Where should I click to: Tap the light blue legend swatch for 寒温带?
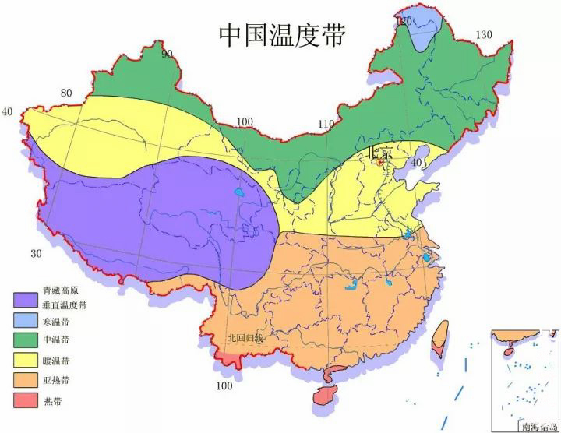click(25, 320)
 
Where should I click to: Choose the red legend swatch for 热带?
click(25, 402)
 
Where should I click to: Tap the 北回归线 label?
click(245, 338)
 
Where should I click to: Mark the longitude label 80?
click(66, 93)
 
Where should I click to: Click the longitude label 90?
click(167, 53)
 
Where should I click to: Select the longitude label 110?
click(326, 125)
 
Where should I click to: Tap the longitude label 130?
click(485, 34)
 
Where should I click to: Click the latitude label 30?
click(35, 254)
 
